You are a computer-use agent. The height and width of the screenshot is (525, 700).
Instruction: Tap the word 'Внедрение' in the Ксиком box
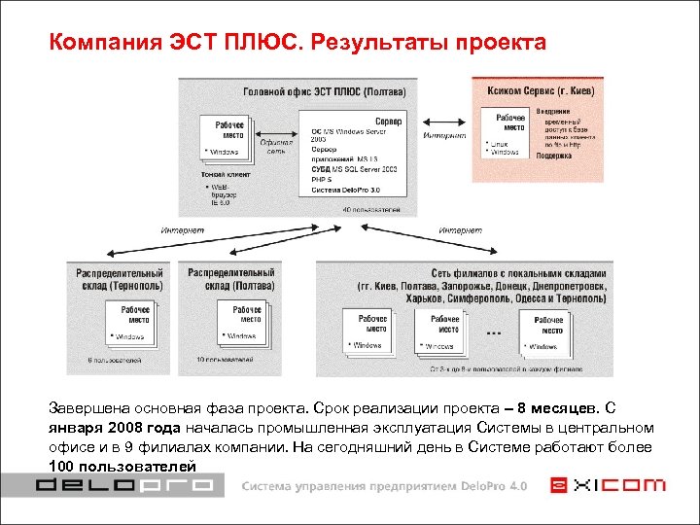click(x=558, y=111)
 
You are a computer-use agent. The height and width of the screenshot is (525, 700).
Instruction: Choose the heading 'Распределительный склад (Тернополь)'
click(x=120, y=279)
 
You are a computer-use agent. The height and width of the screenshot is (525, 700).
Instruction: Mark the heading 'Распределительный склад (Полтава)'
click(x=231, y=279)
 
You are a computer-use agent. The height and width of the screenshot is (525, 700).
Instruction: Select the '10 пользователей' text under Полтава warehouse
click(x=225, y=360)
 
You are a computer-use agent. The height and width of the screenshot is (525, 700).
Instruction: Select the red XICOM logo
click(x=608, y=484)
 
